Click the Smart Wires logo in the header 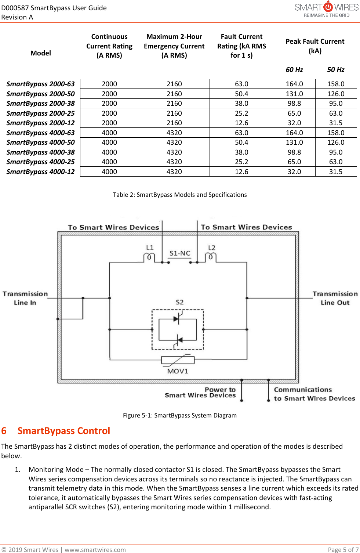tap(327, 10)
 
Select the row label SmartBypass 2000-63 tap(40, 84)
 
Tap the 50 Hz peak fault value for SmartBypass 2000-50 tap(336, 94)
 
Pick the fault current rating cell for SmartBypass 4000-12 tap(241, 172)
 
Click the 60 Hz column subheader tap(294, 70)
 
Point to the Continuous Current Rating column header tap(109, 46)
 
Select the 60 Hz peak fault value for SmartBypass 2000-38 tap(294, 104)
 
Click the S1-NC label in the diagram tap(180, 253)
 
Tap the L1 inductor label tap(150, 248)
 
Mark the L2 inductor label tap(212, 248)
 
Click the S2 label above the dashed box tap(179, 302)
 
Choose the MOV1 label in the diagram tap(178, 371)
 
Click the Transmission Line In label tap(25, 298)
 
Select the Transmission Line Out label tap(335, 298)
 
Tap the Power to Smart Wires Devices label tap(200, 393)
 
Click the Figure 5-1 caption tap(180, 415)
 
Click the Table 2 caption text tap(180, 195)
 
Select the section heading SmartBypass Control tap(64, 431)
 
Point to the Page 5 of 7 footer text tap(343, 550)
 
